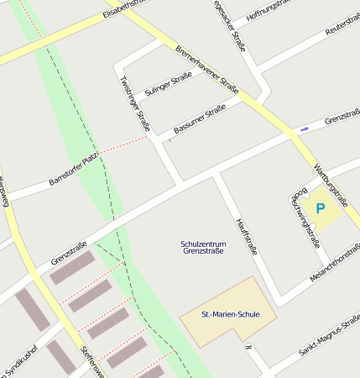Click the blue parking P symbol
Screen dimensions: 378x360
coord(319,208)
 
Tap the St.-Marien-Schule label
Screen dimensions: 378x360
coord(231,315)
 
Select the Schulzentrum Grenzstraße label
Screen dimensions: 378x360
coord(203,247)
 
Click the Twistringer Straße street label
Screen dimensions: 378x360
coord(135,103)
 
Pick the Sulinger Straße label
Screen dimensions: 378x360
coord(169,86)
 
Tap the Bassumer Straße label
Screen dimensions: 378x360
coord(201,118)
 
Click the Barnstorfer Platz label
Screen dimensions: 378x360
coord(74,168)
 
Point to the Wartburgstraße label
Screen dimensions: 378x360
coord(330,186)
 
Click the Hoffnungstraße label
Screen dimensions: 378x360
coord(268,12)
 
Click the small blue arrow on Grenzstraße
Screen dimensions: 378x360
coord(304,129)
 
